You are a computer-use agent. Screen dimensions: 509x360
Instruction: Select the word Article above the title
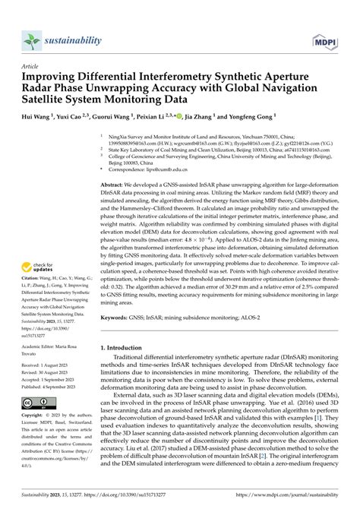(31, 66)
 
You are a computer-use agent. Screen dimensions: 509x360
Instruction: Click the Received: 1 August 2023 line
(48, 365)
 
